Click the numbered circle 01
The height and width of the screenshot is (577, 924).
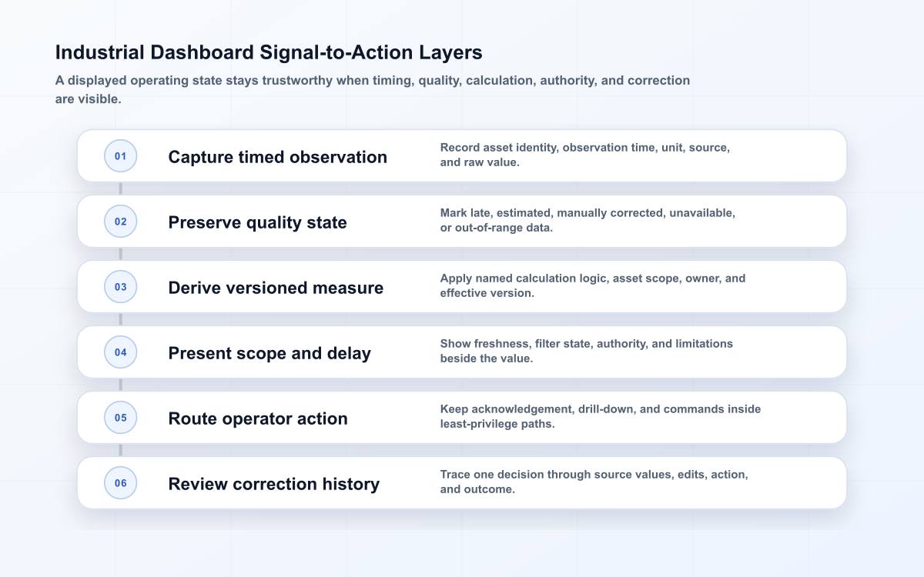coord(120,155)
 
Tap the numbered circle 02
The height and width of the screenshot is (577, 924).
coord(120,222)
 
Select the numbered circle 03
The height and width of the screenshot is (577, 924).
coord(120,287)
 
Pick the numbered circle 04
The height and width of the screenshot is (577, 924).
coord(120,352)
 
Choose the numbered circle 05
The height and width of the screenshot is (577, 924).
coord(120,418)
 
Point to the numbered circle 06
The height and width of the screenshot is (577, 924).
coord(120,483)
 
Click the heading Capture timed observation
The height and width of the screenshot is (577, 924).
coord(278,157)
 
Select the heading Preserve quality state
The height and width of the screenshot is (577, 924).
coord(257,222)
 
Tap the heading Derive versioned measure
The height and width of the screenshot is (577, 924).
coord(276,288)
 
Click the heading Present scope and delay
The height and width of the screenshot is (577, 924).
coord(269,353)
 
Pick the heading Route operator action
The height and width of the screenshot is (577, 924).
coord(258,419)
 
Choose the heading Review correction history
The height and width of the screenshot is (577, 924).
coord(274,484)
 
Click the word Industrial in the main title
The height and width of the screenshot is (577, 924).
coord(100,52)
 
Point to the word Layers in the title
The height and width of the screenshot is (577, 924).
coord(450,53)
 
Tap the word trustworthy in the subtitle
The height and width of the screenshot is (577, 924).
coord(297,80)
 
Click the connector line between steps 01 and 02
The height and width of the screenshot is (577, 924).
coord(120,188)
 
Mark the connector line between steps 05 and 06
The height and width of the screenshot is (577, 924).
coord(120,450)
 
